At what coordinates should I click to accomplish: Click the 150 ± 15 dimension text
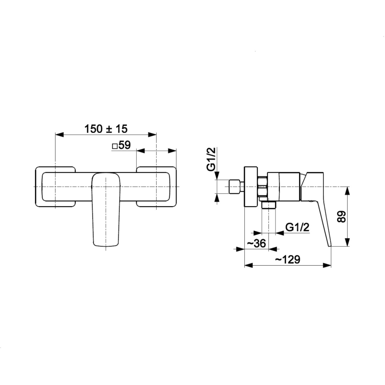[106, 129]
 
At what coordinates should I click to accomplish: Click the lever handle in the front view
[106, 208]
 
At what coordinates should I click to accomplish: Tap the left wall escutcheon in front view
[55, 186]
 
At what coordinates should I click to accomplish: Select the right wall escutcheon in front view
[157, 186]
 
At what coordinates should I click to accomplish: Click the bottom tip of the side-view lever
[329, 244]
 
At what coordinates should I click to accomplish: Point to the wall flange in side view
[251, 186]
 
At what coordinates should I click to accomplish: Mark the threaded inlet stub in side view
[235, 186]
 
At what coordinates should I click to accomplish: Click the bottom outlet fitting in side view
[268, 205]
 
